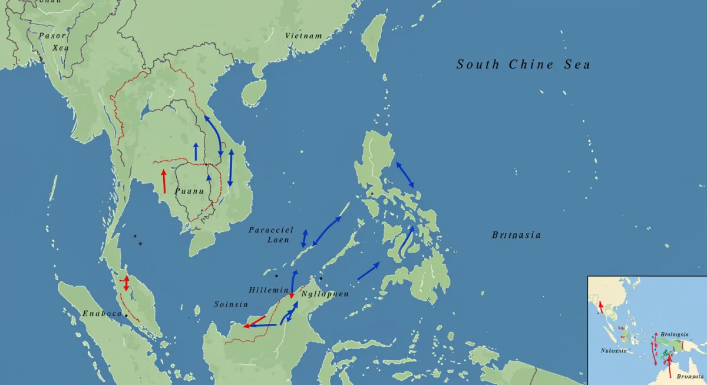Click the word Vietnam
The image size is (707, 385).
click(x=303, y=36)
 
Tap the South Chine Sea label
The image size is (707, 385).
click(x=523, y=65)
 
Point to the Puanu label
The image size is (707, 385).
click(x=189, y=191)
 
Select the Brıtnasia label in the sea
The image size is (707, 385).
click(x=516, y=235)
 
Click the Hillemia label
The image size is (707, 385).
click(x=269, y=291)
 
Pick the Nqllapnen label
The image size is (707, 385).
click(x=325, y=294)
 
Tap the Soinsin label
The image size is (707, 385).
click(x=231, y=304)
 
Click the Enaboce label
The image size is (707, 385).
click(x=102, y=313)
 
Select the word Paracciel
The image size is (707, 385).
click(x=271, y=230)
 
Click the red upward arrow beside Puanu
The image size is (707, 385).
click(x=164, y=181)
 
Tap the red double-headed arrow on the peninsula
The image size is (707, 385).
click(x=125, y=283)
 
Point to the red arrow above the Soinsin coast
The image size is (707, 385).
click(x=255, y=321)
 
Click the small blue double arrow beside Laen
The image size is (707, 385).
click(x=304, y=238)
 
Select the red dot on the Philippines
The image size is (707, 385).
click(x=372, y=194)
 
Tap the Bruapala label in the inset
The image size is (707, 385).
click(x=690, y=376)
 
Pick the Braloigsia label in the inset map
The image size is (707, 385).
click(x=675, y=334)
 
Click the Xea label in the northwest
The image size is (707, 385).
click(x=60, y=48)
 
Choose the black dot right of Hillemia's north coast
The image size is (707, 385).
click(x=321, y=278)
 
